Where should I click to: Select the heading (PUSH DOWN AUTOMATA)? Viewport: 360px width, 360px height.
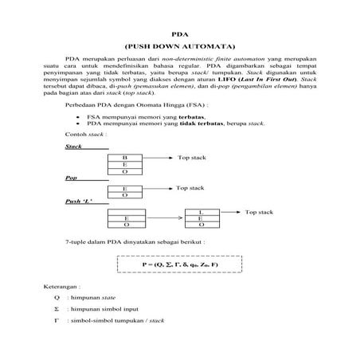[179, 47]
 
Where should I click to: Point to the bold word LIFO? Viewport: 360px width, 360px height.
[240, 80]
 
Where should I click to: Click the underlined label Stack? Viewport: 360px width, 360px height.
[74, 147]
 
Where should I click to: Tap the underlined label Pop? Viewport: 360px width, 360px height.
[71, 178]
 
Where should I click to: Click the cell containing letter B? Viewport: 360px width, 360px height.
[125, 158]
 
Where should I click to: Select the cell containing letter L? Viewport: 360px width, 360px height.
[202, 211]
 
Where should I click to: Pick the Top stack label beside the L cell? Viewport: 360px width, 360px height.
[259, 212]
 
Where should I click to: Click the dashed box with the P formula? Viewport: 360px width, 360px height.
[179, 262]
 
